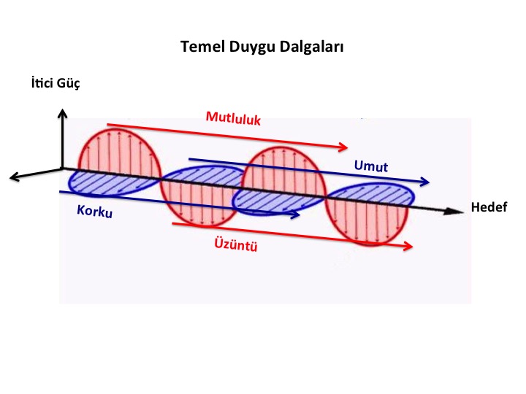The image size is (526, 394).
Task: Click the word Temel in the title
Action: click(x=202, y=46)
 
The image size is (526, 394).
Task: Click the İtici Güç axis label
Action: click(x=56, y=83)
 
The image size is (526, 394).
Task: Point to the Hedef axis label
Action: click(x=489, y=207)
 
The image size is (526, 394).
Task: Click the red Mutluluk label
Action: click(x=233, y=118)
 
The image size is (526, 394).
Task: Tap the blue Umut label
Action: click(x=371, y=166)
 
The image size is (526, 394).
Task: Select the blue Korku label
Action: click(x=94, y=211)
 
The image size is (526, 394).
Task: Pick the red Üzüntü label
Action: click(x=236, y=244)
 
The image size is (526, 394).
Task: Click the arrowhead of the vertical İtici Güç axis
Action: click(x=62, y=113)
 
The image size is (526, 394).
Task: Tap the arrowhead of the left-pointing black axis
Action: click(x=14, y=177)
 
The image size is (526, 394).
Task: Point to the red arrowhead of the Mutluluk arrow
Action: click(x=343, y=147)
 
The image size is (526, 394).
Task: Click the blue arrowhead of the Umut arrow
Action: click(x=424, y=182)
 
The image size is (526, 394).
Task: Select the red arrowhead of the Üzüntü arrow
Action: click(x=408, y=246)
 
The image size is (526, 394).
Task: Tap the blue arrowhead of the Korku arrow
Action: click(x=295, y=215)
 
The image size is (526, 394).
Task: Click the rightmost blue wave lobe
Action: click(x=370, y=194)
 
